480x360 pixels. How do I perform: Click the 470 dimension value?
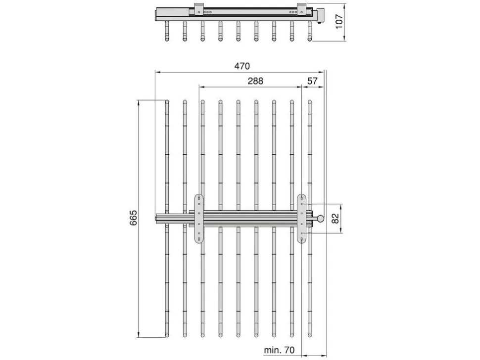pyautogui.click(x=242, y=66)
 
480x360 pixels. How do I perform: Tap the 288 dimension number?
pyautogui.click(x=255, y=81)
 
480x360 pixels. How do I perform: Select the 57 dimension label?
pyautogui.click(x=312, y=81)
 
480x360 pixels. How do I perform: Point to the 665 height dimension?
pyautogui.click(x=134, y=218)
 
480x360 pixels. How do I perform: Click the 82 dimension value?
pyautogui.click(x=336, y=218)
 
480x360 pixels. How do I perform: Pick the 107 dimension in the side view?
pyautogui.click(x=339, y=22)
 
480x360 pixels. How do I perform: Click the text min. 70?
pyautogui.click(x=279, y=350)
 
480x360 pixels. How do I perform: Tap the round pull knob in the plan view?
pyautogui.click(x=320, y=219)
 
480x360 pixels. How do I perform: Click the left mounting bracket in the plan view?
pyautogui.click(x=199, y=219)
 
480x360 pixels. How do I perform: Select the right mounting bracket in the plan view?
pyautogui.click(x=302, y=219)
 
